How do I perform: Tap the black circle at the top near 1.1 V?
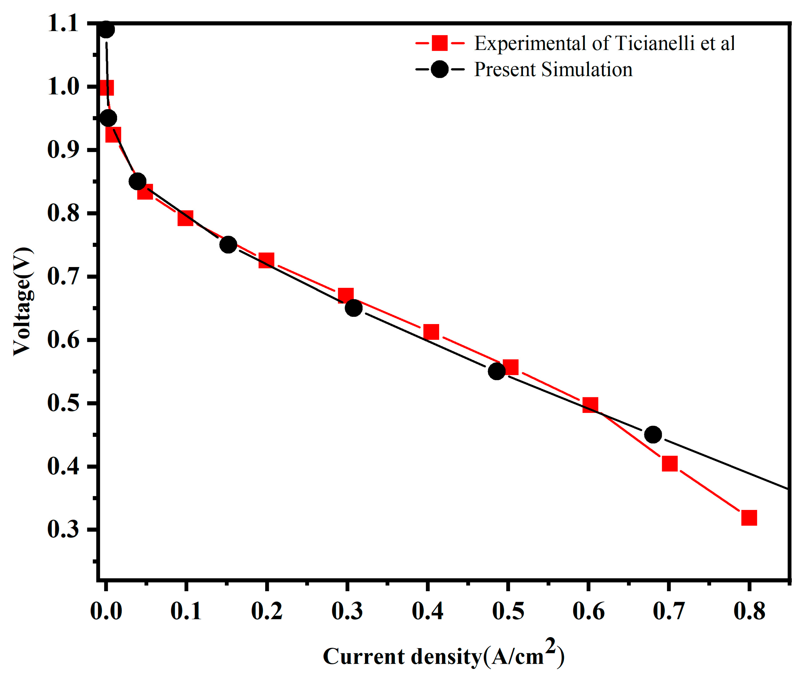[106, 30]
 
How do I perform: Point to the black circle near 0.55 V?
[497, 371]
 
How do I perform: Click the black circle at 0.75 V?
[228, 245]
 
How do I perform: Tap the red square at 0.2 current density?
[266, 260]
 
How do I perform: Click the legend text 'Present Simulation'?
[553, 70]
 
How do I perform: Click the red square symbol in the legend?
[439, 43]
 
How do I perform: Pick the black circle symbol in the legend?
[439, 70]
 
